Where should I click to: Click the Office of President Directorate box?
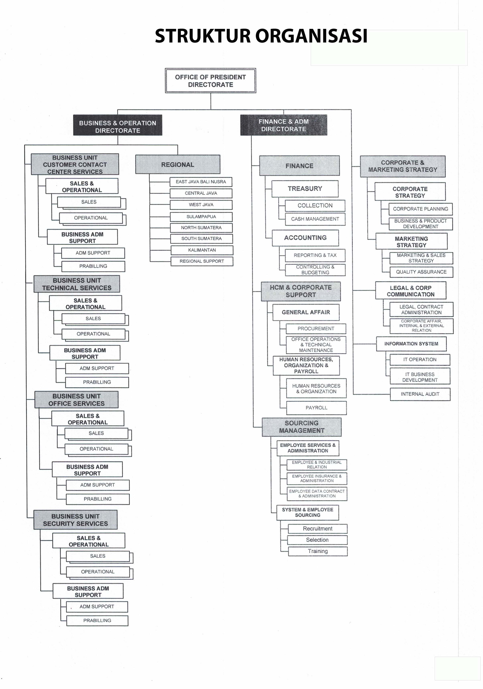(211, 80)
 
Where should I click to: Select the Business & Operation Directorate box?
(118, 125)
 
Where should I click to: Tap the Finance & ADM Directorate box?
(284, 125)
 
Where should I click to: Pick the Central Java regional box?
(201, 193)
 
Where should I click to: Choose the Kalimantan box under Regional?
(202, 250)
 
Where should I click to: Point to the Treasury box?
(305, 189)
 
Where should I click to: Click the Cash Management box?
(315, 219)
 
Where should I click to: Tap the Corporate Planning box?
(421, 209)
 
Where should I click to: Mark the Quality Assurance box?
(421, 272)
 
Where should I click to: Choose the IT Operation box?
(420, 359)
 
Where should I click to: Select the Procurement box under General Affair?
(316, 329)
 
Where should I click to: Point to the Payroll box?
(316, 408)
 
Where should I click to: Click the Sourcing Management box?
(302, 427)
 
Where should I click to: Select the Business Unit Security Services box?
(75, 520)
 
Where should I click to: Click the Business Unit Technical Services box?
(77, 284)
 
